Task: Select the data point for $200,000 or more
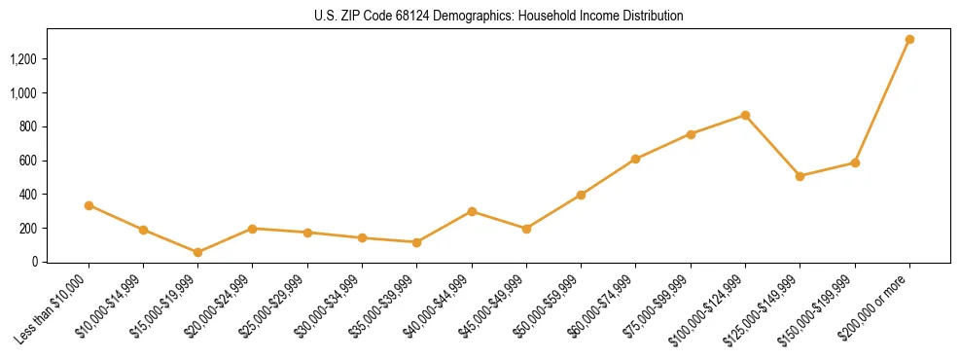click(909, 40)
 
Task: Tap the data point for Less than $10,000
click(89, 205)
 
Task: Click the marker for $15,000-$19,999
click(198, 252)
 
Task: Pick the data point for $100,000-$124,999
click(745, 115)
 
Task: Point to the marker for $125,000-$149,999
click(800, 176)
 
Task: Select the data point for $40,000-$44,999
click(472, 211)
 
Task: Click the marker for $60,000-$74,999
click(636, 159)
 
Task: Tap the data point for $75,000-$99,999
click(691, 134)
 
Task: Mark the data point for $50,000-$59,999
click(581, 195)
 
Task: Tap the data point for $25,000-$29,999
click(307, 233)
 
